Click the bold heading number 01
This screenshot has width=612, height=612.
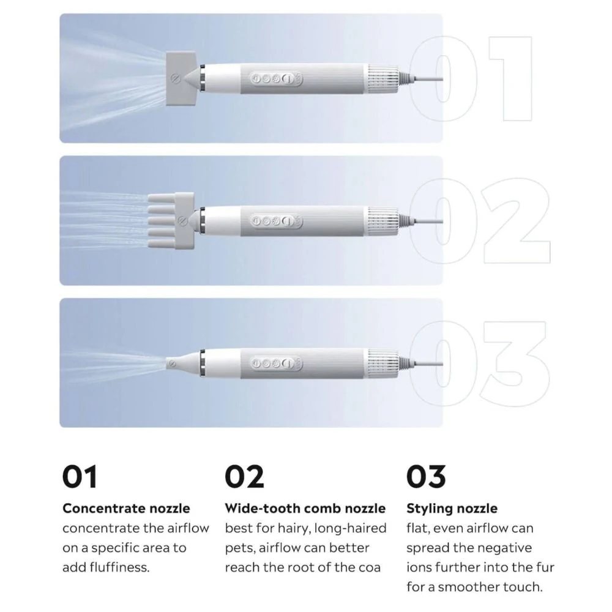[x=79, y=477]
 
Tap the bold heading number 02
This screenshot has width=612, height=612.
[x=244, y=477]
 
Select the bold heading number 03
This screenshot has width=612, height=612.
[x=426, y=477]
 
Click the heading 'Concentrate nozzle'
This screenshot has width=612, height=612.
[x=126, y=508]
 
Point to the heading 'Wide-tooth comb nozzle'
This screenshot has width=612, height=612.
[x=305, y=508]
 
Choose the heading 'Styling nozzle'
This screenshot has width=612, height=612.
[x=452, y=509]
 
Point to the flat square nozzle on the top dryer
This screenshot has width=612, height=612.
[x=181, y=78]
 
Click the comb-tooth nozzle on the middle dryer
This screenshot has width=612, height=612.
[x=171, y=221]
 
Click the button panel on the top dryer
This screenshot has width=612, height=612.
[x=277, y=79]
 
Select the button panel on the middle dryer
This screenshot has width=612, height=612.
[x=277, y=221]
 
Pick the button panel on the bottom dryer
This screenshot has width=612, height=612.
[x=277, y=364]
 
